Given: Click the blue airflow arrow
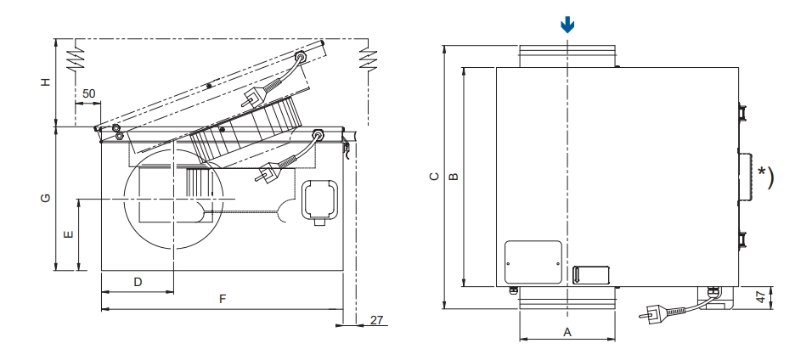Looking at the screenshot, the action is [x=567, y=25].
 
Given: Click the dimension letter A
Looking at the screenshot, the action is [x=567, y=332].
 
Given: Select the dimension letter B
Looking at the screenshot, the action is [x=454, y=177].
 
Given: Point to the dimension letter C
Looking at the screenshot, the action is [x=434, y=177].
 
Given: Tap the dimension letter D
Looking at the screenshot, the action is [x=138, y=282].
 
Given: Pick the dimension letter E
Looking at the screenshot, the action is [x=69, y=234].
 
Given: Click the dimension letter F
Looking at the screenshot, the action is [x=222, y=299].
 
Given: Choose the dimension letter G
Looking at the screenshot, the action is [x=46, y=198].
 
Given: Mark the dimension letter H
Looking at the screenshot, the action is [x=46, y=82].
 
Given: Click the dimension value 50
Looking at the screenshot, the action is [x=88, y=93].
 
